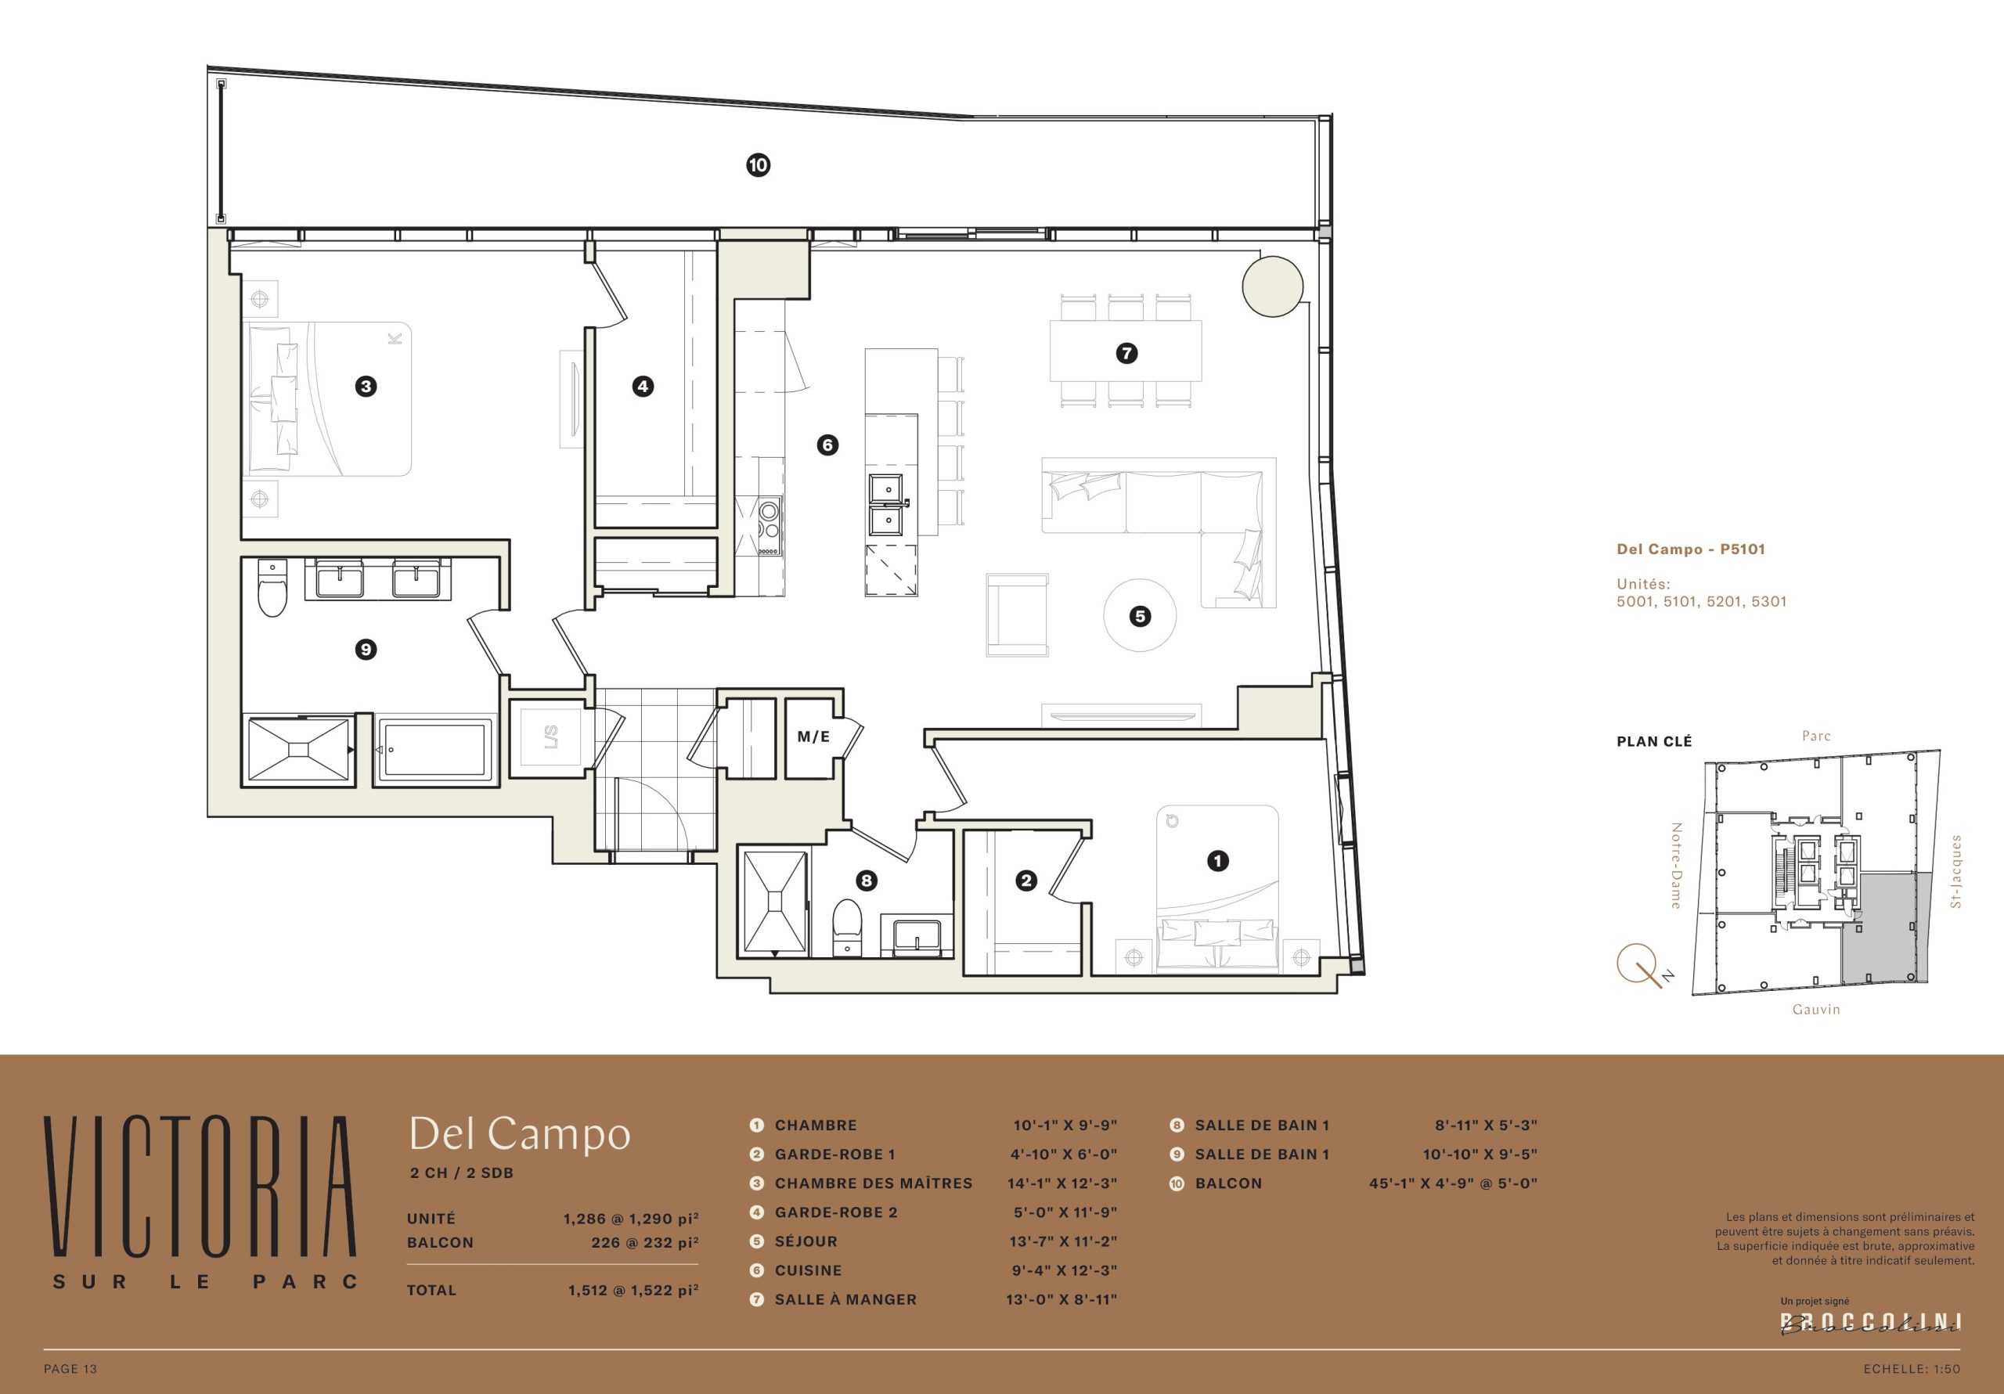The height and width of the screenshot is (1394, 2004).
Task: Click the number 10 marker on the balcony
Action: (x=758, y=165)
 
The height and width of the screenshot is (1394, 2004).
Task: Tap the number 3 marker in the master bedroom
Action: (x=366, y=386)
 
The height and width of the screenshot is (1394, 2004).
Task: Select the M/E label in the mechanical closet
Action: (x=813, y=737)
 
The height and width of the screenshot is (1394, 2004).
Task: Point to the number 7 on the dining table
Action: (x=1126, y=354)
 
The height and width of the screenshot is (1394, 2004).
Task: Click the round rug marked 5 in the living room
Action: (x=1139, y=615)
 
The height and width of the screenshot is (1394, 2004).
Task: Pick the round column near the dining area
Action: (x=1273, y=286)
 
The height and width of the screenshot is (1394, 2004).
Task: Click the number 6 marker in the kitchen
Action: (x=827, y=445)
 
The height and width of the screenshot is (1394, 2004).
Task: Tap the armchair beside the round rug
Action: (x=1017, y=614)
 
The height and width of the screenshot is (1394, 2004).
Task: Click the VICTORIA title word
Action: (x=200, y=1187)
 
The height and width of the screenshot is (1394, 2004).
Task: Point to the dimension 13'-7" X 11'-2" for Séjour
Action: (x=1063, y=1241)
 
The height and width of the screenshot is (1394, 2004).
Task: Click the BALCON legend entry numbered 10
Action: (x=1228, y=1183)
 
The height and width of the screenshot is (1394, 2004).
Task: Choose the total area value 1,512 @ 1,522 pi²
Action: (x=633, y=1289)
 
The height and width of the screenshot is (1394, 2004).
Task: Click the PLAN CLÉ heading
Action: (x=1654, y=741)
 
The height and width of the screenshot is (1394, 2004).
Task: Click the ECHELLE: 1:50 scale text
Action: (x=1912, y=1369)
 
